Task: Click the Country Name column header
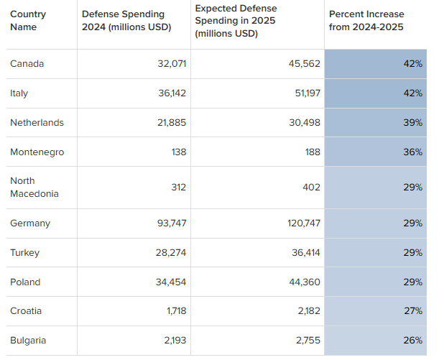tap(28, 20)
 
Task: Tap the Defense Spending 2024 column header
tap(126, 20)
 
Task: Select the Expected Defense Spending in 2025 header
tap(236, 21)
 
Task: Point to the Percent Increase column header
tap(366, 20)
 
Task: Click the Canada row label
tap(27, 64)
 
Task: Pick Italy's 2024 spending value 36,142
tap(172, 93)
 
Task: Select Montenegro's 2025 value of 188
tap(313, 152)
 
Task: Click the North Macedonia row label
tap(34, 188)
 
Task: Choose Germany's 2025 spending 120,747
tap(304, 223)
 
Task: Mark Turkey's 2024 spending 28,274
tap(171, 253)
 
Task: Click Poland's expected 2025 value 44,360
tap(305, 282)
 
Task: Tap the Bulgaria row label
tap(28, 341)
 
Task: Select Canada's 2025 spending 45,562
tap(305, 64)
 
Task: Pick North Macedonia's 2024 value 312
tap(178, 188)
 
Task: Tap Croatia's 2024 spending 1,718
tap(177, 311)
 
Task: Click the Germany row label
tap(30, 223)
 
